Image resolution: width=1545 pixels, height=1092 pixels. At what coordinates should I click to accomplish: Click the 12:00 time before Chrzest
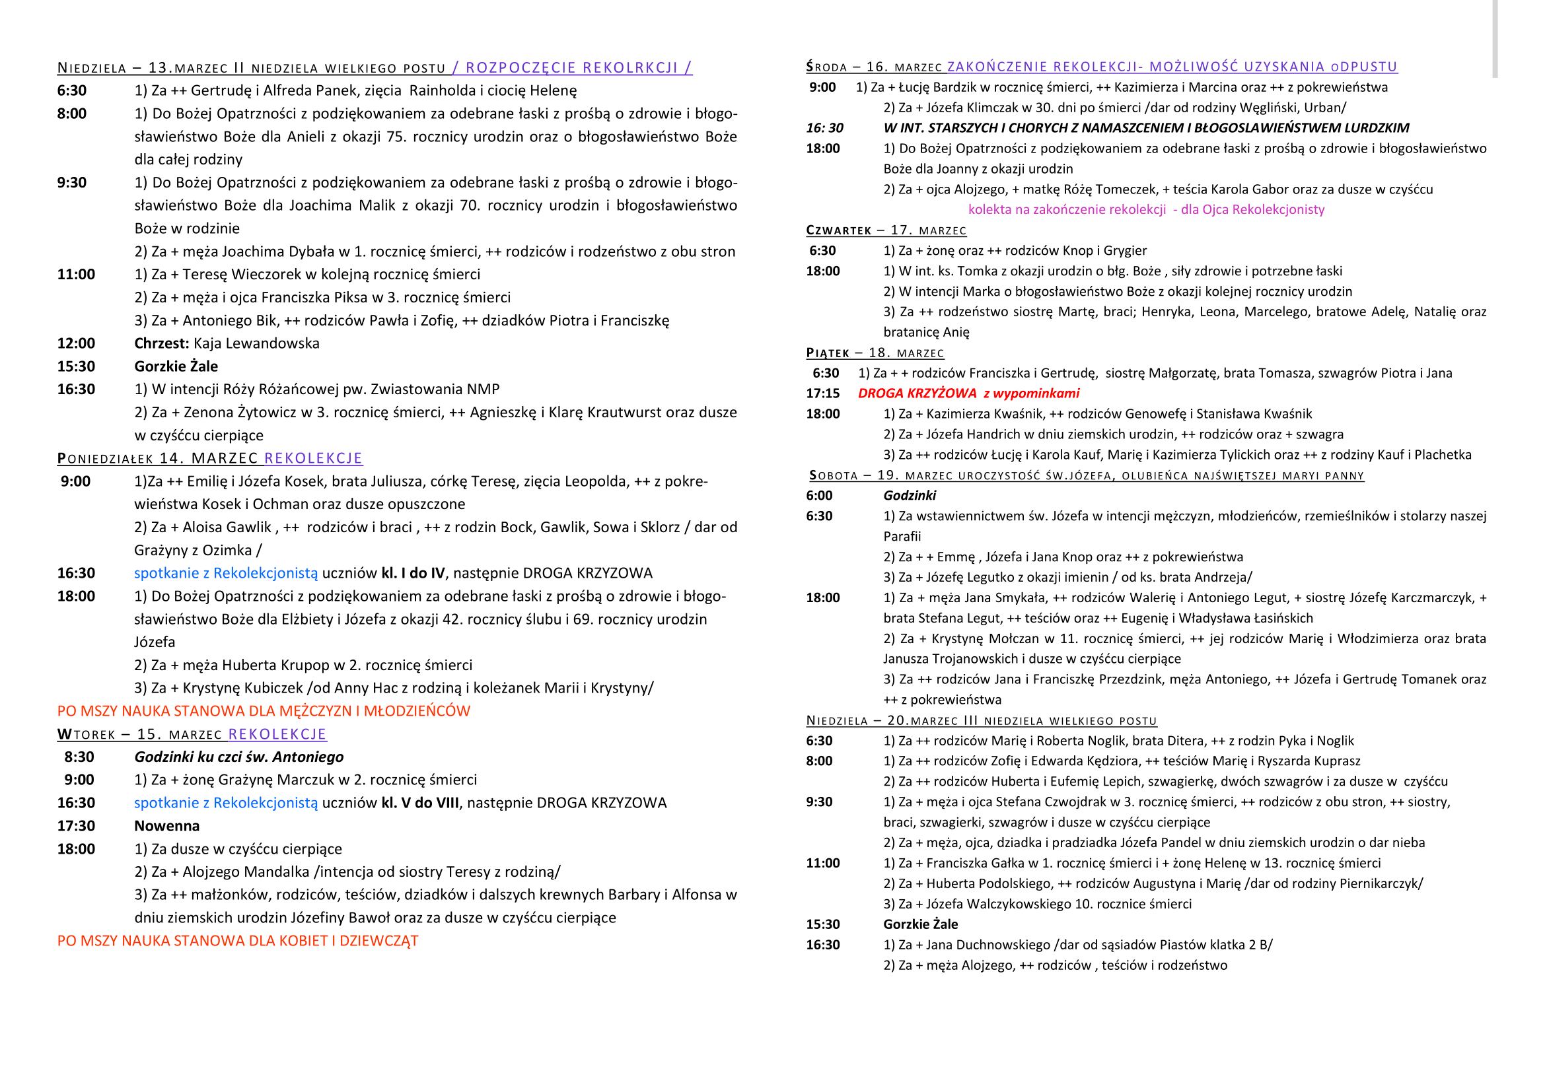(76, 343)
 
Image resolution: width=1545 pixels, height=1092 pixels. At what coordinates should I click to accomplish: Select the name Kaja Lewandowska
(256, 343)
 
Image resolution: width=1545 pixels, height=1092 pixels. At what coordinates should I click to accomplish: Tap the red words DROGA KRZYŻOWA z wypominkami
(968, 393)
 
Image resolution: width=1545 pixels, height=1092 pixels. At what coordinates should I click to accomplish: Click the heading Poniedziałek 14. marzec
(157, 459)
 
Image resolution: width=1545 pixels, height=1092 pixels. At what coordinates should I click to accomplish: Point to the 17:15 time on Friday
(822, 393)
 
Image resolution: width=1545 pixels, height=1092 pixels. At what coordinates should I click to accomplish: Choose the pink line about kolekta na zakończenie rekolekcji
(1146, 210)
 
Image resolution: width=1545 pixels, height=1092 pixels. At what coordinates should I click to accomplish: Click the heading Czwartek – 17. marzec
(886, 230)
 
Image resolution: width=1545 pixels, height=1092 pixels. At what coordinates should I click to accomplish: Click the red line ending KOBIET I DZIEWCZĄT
(238, 941)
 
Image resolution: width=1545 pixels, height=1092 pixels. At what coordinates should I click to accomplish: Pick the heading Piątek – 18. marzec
(875, 353)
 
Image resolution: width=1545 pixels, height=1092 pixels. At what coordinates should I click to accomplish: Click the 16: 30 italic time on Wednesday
(824, 128)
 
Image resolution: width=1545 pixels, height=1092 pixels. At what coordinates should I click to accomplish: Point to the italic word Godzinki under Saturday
(909, 496)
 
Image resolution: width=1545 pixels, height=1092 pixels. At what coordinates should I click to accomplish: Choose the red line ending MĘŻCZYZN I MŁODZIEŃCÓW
(264, 711)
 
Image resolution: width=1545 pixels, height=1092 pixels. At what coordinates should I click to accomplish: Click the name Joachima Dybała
(278, 252)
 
